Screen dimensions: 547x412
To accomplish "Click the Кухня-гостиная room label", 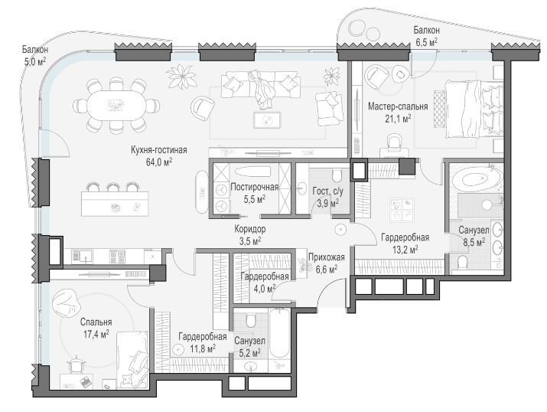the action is [158, 150].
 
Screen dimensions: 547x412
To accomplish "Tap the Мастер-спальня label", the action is [398, 106].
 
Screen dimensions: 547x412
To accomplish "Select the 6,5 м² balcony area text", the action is [426, 43].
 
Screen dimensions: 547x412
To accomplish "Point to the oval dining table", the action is [116, 105].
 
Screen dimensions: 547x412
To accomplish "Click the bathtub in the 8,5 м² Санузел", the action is [475, 180].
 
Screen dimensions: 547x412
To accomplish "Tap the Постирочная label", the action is [254, 187].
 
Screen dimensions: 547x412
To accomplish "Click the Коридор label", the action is [249, 229].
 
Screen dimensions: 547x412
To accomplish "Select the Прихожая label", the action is [327, 257].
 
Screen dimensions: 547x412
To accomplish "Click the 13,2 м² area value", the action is [405, 250].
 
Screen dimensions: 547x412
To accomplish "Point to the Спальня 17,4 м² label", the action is [96, 328].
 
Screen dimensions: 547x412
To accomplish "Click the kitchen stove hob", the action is [117, 257].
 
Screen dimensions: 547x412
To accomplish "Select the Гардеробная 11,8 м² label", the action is [202, 342].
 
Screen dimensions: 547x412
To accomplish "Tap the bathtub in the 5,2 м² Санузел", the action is [279, 333].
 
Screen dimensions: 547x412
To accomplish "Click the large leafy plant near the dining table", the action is [181, 77].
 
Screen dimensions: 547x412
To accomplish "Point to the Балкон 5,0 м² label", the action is [35, 55].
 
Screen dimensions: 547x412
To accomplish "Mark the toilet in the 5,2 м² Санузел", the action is [251, 320].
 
